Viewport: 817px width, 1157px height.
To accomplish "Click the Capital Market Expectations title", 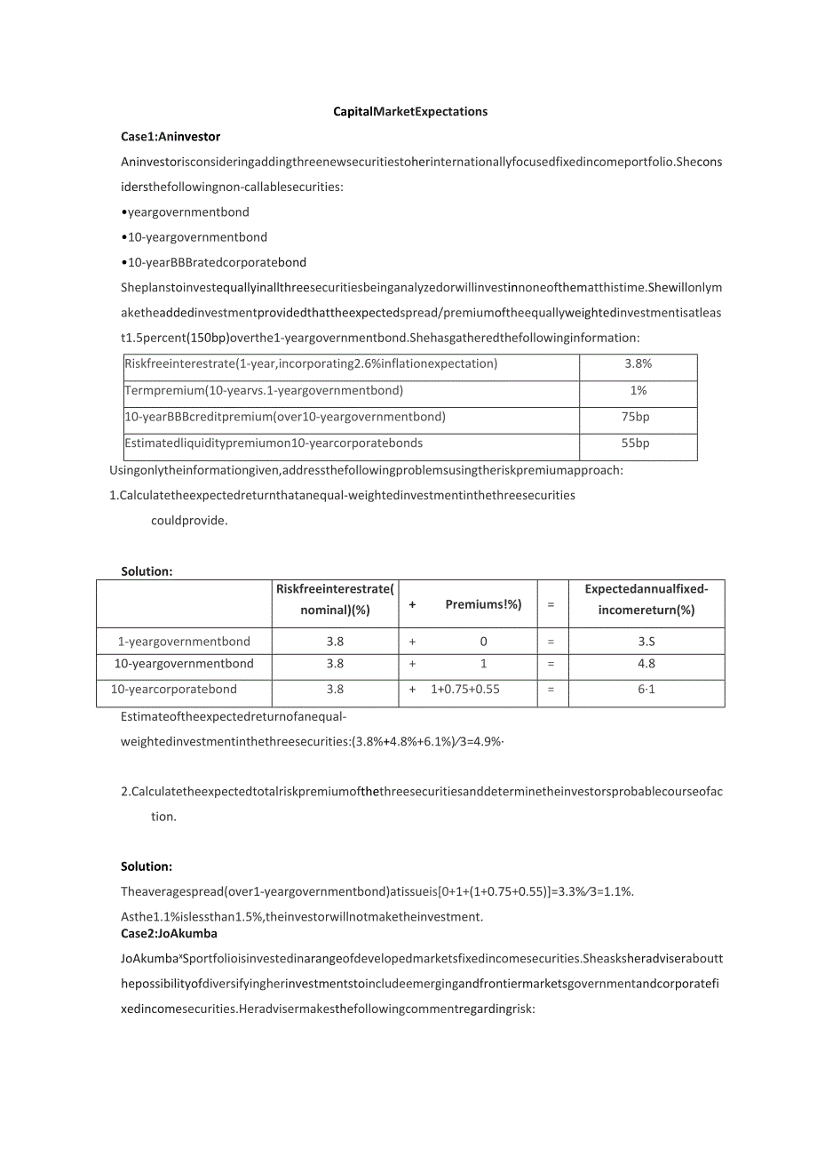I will click(410, 112).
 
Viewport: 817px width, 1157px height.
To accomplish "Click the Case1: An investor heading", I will click(171, 137).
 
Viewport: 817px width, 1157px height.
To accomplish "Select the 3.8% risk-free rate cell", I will click(638, 363).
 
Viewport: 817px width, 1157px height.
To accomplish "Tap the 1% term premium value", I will click(638, 390).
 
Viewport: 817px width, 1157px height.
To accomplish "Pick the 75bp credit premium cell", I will click(638, 416).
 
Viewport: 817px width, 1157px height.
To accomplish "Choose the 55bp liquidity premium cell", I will click(638, 443).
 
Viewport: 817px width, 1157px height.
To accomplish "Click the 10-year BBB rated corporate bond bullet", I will click(213, 262).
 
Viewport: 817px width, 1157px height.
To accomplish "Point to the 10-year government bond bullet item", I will click(194, 237).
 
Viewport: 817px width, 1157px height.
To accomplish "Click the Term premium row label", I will click(264, 390).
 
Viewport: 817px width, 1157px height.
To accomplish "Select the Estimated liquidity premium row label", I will click(274, 443).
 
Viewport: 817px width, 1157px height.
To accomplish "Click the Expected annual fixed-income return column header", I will click(646, 599).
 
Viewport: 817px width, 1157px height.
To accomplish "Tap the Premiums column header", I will click(483, 604).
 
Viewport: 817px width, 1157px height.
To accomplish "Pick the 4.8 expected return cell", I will click(646, 664).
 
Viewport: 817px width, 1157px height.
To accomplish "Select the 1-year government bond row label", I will click(184, 642).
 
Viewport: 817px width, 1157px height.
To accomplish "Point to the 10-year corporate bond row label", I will click(173, 690).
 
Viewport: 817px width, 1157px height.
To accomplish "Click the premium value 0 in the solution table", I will click(483, 642).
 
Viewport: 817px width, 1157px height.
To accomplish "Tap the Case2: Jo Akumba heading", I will click(169, 934).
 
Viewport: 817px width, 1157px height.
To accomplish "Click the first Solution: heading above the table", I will click(147, 571).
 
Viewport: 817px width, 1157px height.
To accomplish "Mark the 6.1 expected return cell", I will click(646, 690).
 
